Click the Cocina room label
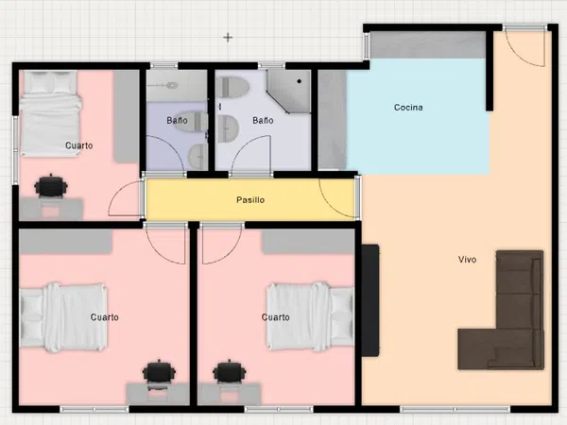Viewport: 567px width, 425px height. tap(408, 108)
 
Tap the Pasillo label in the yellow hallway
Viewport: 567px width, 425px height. tap(250, 200)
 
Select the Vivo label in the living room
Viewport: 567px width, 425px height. tap(467, 259)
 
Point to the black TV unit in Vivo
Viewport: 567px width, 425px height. tap(370, 300)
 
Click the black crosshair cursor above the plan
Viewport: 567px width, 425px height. tap(228, 37)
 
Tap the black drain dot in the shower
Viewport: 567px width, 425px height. tap(299, 81)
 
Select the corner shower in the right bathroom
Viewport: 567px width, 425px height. tap(289, 91)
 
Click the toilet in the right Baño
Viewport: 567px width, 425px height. tap(232, 88)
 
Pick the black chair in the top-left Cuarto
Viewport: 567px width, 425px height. tap(51, 186)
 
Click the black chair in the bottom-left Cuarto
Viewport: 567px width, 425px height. tap(159, 371)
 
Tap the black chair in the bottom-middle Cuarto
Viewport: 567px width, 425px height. tap(230, 371)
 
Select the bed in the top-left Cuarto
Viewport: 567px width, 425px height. tap(50, 113)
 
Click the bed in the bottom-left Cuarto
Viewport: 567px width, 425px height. tap(63, 317)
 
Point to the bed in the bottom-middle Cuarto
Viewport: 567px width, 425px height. tap(310, 316)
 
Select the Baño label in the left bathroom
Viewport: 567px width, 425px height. tap(177, 120)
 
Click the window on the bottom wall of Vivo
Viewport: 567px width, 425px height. tap(455, 410)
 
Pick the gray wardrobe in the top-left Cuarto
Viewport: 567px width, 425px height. tap(127, 116)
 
